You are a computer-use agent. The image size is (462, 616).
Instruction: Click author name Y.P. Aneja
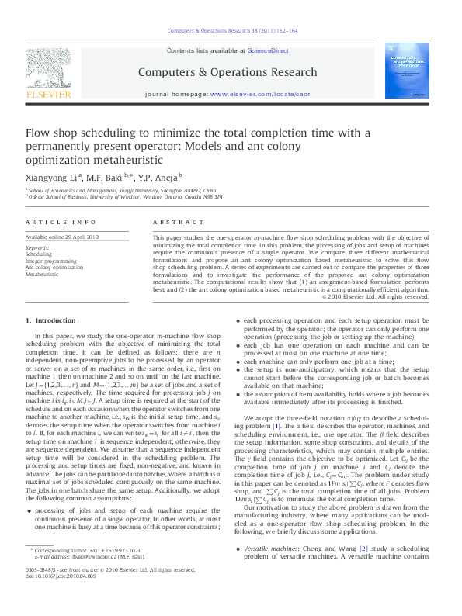(x=158, y=177)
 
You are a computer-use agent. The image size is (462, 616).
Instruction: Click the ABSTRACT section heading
(x=172, y=222)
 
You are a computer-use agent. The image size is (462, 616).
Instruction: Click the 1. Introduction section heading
(x=50, y=320)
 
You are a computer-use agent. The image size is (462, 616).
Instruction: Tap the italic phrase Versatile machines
(x=271, y=548)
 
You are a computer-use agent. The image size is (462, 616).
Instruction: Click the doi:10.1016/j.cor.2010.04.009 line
(x=61, y=597)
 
